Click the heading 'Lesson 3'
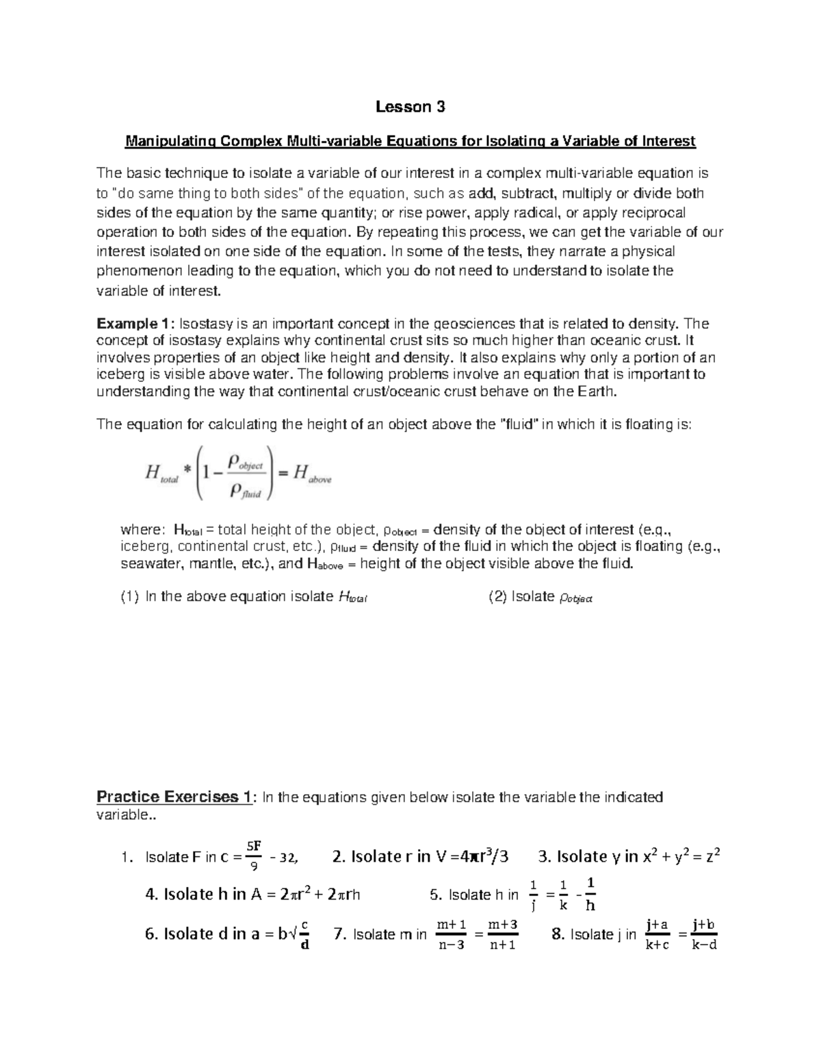[410, 107]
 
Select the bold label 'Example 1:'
[135, 324]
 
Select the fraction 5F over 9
[254, 856]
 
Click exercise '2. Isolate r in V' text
[390, 856]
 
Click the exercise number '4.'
[152, 894]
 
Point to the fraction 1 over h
[590, 894]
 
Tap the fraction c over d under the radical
[304, 934]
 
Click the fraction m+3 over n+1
[502, 934]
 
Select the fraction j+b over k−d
[703, 934]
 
